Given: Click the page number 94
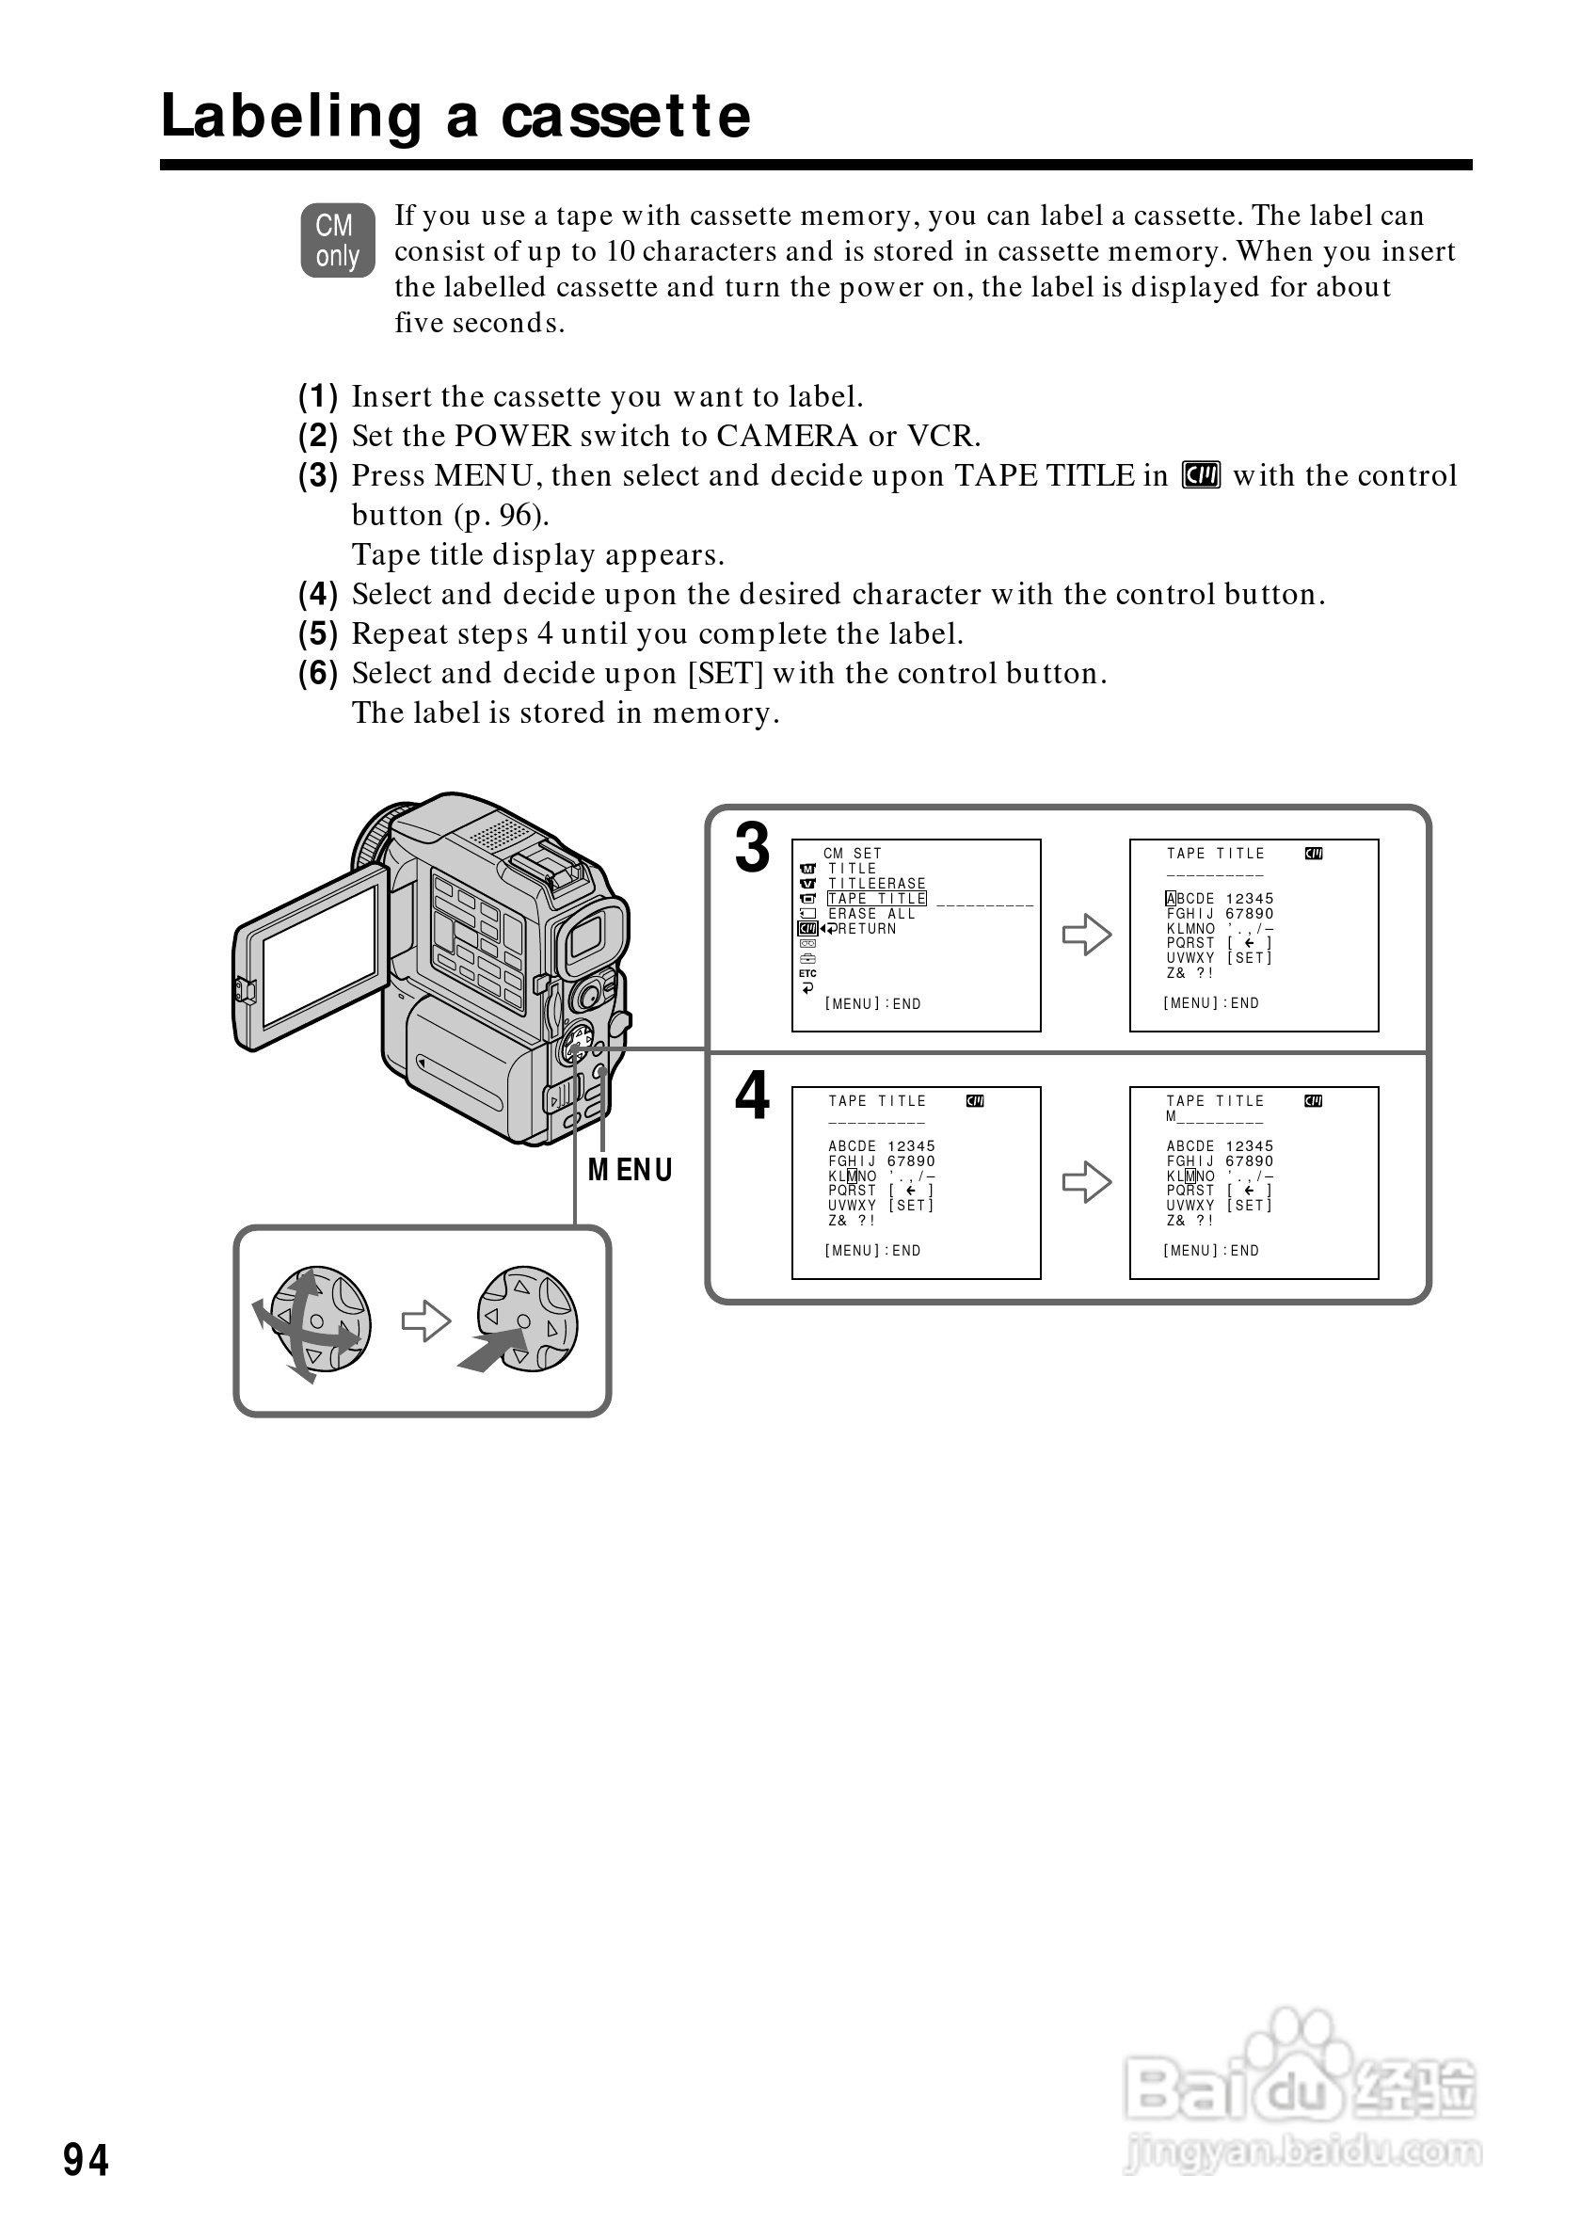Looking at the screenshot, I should pos(86,2161).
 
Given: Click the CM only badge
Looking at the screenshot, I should pos(338,240).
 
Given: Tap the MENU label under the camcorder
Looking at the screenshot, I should pos(631,1170).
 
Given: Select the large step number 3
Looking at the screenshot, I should pos(752,849).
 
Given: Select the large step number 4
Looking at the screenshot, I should pos(752,1096).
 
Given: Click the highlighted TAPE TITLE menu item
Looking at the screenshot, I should pos(877,899).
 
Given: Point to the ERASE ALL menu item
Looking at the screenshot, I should pos(872,914).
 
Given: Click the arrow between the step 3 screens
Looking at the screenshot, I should pos(1087,935).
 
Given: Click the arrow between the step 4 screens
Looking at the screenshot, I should pos(1087,1182).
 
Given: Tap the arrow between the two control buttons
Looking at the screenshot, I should pos(426,1322).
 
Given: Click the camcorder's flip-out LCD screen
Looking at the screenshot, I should pos(320,956).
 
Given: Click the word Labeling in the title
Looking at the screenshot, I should pos(290,117).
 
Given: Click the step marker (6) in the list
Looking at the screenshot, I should pos(318,673).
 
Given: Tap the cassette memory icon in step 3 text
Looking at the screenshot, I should pos(1201,476).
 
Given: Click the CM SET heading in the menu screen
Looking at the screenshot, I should pos(853,854).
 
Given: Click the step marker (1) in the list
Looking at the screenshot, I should pos(318,397).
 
